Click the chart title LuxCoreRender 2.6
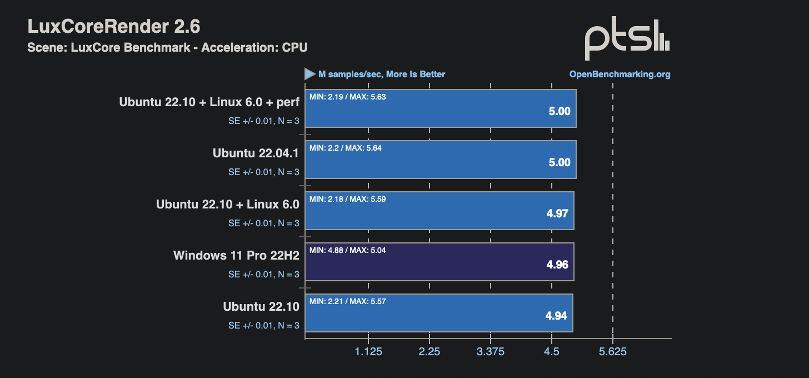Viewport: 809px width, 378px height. (x=114, y=26)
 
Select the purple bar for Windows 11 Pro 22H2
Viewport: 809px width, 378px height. (x=440, y=262)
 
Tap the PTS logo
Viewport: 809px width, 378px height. (x=627, y=38)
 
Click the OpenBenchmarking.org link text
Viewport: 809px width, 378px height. (x=620, y=74)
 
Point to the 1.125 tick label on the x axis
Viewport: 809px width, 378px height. (x=368, y=352)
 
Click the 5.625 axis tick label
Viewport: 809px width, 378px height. (x=612, y=352)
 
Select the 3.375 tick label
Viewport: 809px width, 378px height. (x=491, y=352)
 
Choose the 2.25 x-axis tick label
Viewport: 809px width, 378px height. (x=430, y=352)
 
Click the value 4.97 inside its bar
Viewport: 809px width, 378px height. (x=557, y=213)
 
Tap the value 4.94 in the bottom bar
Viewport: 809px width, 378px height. (x=556, y=316)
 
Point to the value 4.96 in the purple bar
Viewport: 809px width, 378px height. (x=557, y=265)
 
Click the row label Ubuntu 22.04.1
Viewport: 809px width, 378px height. (x=256, y=153)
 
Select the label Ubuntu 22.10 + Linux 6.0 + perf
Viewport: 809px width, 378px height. (x=209, y=102)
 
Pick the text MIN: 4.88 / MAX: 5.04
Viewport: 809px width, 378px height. (x=347, y=250)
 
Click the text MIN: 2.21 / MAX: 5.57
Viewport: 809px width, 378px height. (x=347, y=301)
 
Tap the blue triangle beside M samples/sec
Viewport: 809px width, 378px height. (x=309, y=74)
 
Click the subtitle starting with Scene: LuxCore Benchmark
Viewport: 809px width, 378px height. (x=167, y=48)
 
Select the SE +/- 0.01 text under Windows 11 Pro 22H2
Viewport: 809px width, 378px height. (x=263, y=275)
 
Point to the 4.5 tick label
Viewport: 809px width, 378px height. (x=552, y=352)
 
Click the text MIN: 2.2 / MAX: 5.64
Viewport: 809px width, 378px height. (x=345, y=148)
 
